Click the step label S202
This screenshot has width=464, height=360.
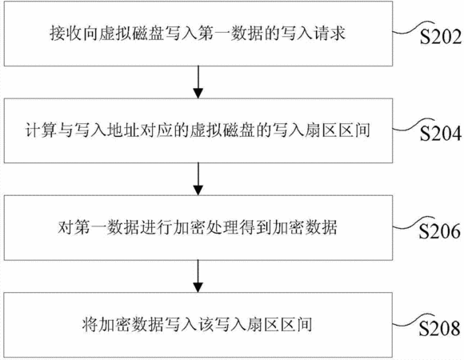pyautogui.click(x=440, y=38)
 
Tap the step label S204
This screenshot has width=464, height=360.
pyautogui.click(x=440, y=134)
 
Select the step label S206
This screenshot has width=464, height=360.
pyautogui.click(x=439, y=231)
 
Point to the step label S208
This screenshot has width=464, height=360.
pyautogui.click(x=439, y=328)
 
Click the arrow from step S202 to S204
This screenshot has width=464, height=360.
pyautogui.click(x=198, y=82)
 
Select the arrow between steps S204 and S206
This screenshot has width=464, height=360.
pyautogui.click(x=198, y=179)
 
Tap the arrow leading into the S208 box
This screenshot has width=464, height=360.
pyautogui.click(x=198, y=276)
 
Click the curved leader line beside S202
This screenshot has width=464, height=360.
pyautogui.click(x=413, y=28)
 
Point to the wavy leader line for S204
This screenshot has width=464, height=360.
pyautogui.click(x=413, y=125)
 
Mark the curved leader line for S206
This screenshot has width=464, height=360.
pyautogui.click(x=413, y=222)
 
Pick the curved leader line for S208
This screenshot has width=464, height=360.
pyautogui.click(x=413, y=320)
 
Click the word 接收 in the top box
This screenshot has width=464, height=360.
pyautogui.click(x=66, y=33)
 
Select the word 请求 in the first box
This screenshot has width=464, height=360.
pyautogui.click(x=329, y=33)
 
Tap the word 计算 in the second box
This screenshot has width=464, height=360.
pyautogui.click(x=41, y=130)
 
